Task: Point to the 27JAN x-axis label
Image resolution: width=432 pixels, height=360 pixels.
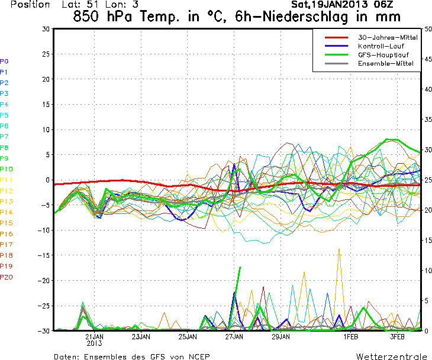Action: (x=235, y=336)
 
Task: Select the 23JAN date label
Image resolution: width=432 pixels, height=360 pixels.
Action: (x=141, y=336)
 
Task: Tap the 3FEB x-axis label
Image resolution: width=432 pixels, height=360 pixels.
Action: (x=398, y=336)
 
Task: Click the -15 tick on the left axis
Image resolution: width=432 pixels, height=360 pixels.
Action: (x=44, y=255)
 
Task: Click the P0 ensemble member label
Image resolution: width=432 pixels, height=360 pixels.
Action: (x=4, y=61)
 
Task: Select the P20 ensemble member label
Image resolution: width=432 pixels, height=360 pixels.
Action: (x=6, y=277)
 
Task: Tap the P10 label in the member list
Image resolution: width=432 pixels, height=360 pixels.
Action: (x=6, y=169)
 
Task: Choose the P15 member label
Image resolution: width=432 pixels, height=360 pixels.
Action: (x=6, y=223)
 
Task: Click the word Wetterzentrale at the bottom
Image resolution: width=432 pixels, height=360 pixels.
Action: (x=391, y=356)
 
